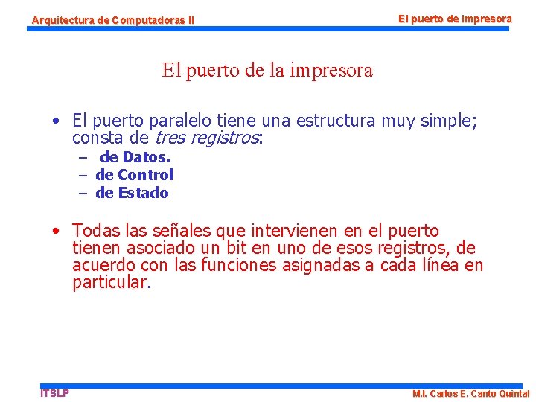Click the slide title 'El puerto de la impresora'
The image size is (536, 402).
267,71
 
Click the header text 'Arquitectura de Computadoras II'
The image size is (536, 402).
112,20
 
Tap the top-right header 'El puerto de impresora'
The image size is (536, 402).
455,18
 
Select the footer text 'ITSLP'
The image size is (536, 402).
54,392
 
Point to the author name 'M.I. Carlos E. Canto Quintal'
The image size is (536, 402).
470,393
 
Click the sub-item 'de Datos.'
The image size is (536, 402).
135,157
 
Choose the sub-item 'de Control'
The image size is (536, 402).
135,175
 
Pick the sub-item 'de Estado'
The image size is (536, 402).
133,193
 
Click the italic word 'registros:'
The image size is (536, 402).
227,138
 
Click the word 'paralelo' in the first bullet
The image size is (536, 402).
183,121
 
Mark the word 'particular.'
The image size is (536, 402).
112,282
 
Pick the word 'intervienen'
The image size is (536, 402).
296,231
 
